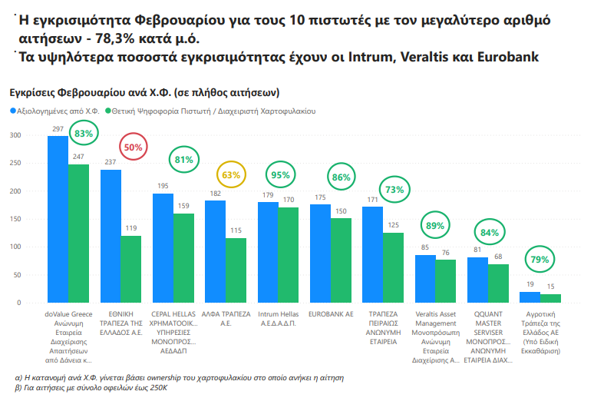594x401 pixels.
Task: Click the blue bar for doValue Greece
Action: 58,220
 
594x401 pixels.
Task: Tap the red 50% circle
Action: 134,147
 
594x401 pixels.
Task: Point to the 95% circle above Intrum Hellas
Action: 280,174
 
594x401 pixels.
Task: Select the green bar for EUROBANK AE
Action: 341,260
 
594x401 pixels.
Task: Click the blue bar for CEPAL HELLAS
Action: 163,248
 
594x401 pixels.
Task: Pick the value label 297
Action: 58,129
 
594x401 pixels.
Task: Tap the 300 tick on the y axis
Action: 15,135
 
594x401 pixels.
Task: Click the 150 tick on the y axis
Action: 15,219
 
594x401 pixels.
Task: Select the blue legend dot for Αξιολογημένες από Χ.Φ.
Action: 12,111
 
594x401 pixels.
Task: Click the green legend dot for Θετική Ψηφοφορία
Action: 108,111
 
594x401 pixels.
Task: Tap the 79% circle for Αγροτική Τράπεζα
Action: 540,260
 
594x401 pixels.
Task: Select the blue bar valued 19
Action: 529,297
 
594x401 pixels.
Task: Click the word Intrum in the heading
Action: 370,58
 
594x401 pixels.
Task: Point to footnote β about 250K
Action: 91,389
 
